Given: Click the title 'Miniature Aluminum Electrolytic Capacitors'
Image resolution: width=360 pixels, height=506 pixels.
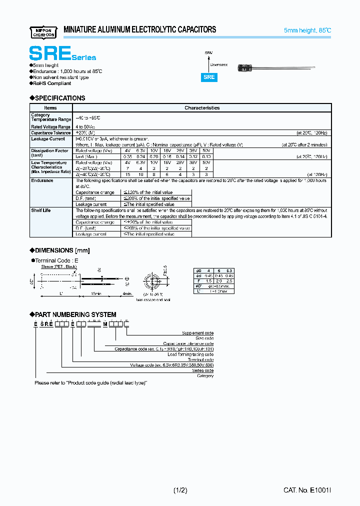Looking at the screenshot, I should click(x=140, y=30).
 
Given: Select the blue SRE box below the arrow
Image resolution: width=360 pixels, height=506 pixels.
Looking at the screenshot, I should click(x=209, y=77).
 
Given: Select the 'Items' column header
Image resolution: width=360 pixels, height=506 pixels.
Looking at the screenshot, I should click(x=50, y=107).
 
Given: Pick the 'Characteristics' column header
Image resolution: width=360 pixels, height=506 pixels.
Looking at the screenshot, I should click(x=202, y=107).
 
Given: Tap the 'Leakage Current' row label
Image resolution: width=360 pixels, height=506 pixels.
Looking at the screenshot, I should click(x=48, y=139).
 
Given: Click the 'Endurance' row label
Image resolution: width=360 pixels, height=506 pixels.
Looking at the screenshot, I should click(x=42, y=180).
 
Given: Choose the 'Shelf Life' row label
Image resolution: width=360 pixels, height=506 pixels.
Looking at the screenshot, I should click(x=41, y=210).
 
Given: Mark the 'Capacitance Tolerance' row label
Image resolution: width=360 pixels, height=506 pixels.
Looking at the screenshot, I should click(x=51, y=133).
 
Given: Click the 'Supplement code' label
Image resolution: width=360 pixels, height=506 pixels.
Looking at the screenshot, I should click(x=197, y=333).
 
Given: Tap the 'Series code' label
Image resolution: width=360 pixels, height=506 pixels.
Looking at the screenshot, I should click(x=202, y=370).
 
